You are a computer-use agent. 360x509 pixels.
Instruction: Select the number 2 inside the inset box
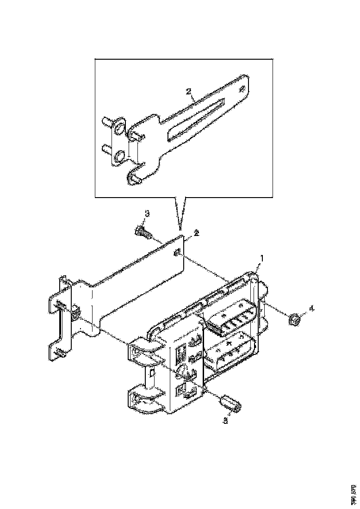coord(189,92)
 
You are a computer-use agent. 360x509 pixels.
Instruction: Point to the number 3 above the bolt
coord(147,213)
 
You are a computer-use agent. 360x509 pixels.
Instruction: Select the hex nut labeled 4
coord(293,319)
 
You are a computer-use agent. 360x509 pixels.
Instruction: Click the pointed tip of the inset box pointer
coord(180,228)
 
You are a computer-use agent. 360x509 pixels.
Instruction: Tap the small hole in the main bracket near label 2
coord(177,252)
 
